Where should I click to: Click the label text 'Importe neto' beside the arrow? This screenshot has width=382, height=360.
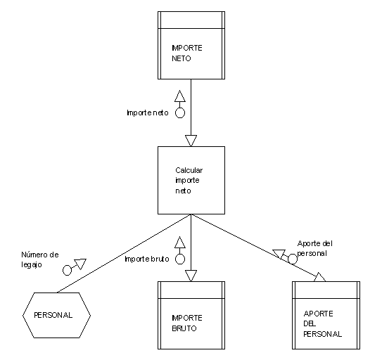pos(148,112)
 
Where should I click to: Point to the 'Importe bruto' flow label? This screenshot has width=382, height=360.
pos(146,259)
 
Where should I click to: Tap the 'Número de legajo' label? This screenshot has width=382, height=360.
pos(40,259)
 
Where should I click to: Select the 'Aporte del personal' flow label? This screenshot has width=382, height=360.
pos(314,248)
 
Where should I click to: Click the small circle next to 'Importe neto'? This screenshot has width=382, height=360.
pos(180,113)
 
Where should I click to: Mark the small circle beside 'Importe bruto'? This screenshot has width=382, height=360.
pos(180,259)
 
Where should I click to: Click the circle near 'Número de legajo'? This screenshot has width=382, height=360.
pos(67,270)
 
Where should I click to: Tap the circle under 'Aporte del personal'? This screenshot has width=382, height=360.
pos(292,259)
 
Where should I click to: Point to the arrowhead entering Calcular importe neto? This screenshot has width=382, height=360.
pos(191,141)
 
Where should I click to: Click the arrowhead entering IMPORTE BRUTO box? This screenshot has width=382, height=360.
pos(191,276)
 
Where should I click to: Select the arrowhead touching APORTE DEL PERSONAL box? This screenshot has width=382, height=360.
pos(320,278)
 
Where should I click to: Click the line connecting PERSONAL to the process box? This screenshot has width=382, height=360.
pos(124,253)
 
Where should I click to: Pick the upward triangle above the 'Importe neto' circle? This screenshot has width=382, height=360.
pos(180,96)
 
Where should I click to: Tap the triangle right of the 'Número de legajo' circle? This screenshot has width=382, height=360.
pos(81,264)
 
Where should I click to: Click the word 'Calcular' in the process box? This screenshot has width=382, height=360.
pos(189,170)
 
